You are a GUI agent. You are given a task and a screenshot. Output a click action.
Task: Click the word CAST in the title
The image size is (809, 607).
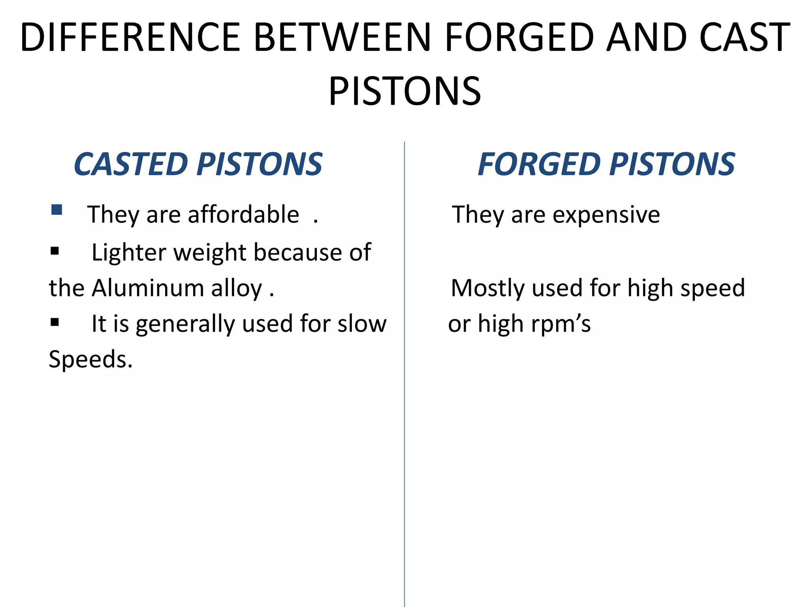[x=744, y=37]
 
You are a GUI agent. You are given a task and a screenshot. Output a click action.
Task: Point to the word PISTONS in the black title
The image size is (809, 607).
[x=405, y=91]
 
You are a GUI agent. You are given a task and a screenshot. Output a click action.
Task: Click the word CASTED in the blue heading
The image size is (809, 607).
[x=131, y=164]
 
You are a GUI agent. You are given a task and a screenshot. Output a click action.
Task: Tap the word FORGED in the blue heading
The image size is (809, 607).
[x=539, y=164]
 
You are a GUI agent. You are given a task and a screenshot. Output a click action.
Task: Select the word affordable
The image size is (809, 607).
[x=243, y=215]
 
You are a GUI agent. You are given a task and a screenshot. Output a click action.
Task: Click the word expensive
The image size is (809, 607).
[x=606, y=215]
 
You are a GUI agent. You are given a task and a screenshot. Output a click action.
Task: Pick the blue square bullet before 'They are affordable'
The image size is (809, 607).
[x=56, y=209]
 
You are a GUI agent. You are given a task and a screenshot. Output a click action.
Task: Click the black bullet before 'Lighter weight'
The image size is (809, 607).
[x=55, y=251]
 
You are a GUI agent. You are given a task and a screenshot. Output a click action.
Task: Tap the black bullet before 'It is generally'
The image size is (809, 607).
[x=55, y=322]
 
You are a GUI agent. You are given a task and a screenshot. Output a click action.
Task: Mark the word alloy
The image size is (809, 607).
[x=237, y=288]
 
